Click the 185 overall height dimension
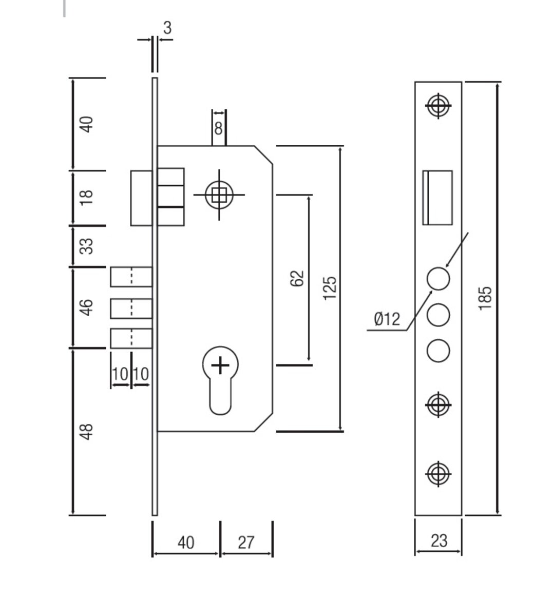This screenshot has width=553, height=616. click(x=485, y=298)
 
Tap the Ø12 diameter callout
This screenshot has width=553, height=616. click(x=387, y=319)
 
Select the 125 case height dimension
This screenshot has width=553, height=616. click(x=330, y=287)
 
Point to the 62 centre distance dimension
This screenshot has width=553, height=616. click(x=297, y=279)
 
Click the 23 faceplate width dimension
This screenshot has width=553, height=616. click(x=438, y=541)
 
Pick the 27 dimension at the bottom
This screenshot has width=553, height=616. click(x=246, y=542)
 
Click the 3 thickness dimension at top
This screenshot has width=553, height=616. click(x=167, y=28)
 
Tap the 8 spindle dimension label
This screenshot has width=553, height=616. click(x=219, y=128)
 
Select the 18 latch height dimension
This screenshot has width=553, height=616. click(x=87, y=197)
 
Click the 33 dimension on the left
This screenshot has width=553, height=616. click(x=87, y=245)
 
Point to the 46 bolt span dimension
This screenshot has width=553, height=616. click(x=87, y=306)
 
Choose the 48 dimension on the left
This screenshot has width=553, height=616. click(x=87, y=431)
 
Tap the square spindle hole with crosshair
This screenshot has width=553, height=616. click(x=219, y=195)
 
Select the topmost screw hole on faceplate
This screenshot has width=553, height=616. click(x=438, y=106)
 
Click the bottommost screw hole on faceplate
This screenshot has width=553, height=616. click(x=438, y=473)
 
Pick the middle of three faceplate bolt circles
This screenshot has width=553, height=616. click(x=438, y=314)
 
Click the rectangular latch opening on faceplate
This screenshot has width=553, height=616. click(x=437, y=198)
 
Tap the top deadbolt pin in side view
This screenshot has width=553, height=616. click(x=131, y=277)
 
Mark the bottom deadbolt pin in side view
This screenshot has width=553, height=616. click(x=131, y=338)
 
